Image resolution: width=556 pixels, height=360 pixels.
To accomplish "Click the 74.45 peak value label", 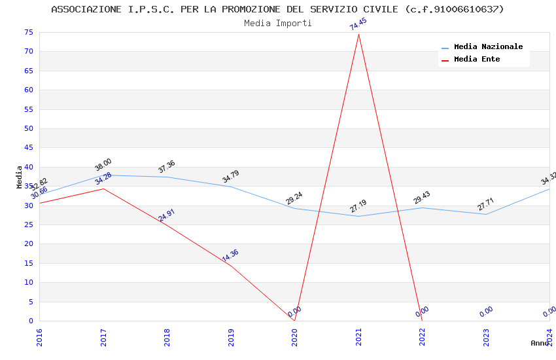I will click(358, 24).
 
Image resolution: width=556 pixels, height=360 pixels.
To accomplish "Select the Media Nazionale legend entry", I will click(488, 47).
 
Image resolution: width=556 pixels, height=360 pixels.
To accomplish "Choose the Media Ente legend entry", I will click(477, 60).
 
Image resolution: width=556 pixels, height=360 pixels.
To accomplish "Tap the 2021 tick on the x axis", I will click(358, 337).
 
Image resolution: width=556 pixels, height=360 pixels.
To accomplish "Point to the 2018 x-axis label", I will click(167, 337).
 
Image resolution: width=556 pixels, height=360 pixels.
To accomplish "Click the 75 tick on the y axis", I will click(27, 33).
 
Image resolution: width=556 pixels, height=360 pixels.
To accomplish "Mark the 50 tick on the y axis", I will click(27, 129).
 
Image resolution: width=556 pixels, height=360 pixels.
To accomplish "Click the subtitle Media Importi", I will click(278, 24).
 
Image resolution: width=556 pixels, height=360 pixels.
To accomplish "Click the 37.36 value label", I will click(167, 167).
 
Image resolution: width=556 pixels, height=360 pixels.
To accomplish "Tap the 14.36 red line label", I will click(230, 256).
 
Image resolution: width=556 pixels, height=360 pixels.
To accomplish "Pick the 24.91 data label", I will click(167, 215).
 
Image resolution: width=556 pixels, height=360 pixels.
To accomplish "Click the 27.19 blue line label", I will click(358, 207).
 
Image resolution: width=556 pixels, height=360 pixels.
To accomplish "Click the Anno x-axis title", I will click(540, 343).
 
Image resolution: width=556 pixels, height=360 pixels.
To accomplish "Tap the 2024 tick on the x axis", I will click(550, 337).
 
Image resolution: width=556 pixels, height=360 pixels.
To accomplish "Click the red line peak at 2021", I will click(358, 35).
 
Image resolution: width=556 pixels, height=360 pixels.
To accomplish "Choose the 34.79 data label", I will click(230, 177).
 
